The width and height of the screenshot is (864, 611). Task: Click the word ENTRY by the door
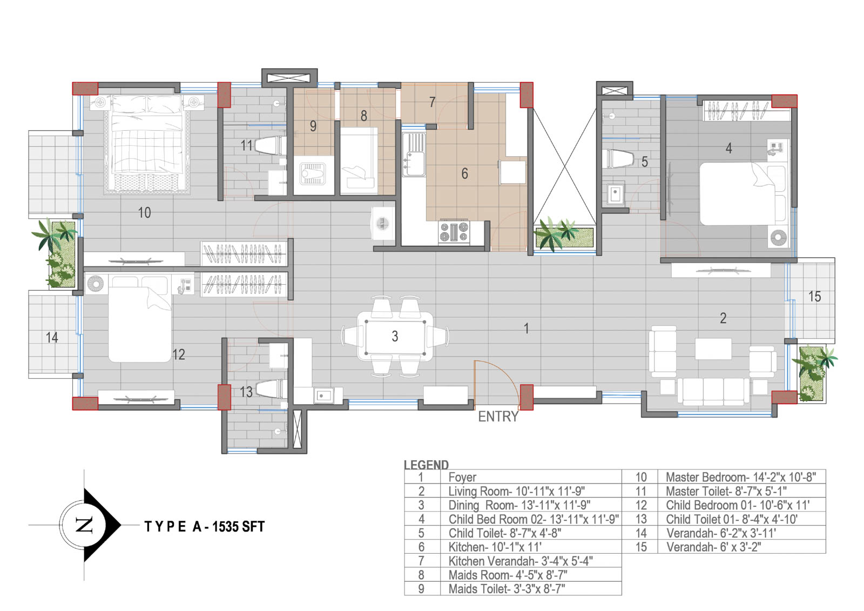coord(498,417)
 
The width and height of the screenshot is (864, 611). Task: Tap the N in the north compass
coord(84,525)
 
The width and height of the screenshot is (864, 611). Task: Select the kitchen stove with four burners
coord(454,232)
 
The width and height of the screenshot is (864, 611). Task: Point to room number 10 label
coord(144,213)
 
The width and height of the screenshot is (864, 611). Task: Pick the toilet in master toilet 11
coord(269,146)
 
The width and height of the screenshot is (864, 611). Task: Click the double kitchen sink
coord(414,155)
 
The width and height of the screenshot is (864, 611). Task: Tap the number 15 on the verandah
coord(814,297)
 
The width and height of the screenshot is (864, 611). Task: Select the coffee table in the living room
coord(713,349)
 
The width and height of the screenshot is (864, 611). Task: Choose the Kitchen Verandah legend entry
coord(521,561)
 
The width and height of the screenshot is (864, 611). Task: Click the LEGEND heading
coord(426,465)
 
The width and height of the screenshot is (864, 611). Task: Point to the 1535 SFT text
coord(238,527)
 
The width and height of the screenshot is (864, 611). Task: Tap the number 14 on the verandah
coord(52,338)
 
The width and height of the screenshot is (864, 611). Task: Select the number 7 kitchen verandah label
coord(433,102)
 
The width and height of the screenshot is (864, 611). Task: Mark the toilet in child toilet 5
coord(618,159)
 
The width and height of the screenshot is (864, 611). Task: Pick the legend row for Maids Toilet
coord(512,589)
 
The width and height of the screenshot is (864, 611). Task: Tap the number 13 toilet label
coord(246,392)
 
